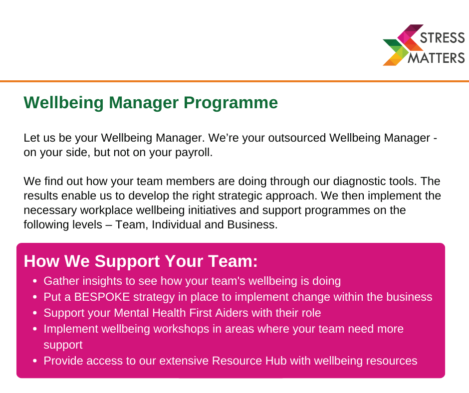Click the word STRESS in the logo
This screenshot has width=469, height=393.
pos(443,38)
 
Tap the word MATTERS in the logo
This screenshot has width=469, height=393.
pos(437,58)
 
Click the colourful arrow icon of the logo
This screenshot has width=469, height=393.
pos(403,45)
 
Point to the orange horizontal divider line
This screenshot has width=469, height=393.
pos(234,81)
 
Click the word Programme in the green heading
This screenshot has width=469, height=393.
pos(231,103)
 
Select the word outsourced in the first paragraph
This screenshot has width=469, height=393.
pos(297,138)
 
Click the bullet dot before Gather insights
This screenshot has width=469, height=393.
pos(35,281)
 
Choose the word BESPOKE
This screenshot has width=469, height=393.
pos(102,297)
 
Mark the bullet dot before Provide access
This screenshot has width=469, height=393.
pos(35,361)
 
